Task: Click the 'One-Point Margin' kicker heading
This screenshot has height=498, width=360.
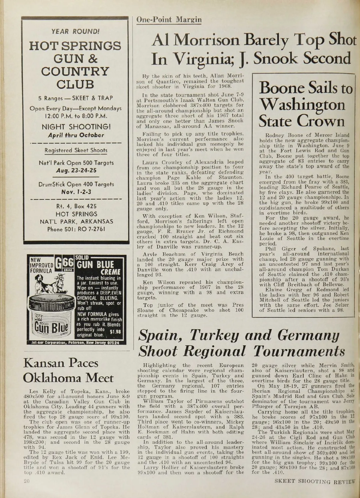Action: tap(169, 20)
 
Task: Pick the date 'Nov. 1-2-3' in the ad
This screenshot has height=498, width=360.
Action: tap(76, 191)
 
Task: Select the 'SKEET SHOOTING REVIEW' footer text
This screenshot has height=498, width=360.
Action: tap(315, 488)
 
